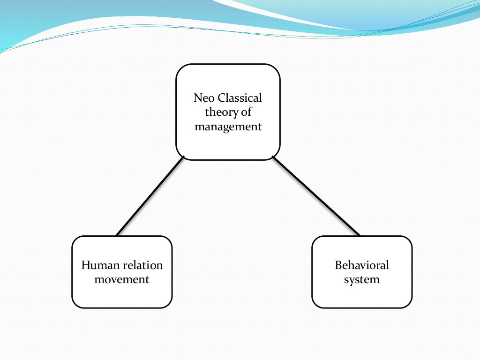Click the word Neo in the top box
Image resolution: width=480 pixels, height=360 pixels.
tap(202, 98)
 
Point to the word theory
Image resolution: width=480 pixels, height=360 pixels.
tap(219, 112)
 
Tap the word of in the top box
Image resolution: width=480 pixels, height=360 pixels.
tap(247, 112)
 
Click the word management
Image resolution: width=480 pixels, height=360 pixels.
tap(228, 127)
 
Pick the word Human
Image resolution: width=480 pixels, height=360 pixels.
tap(97, 265)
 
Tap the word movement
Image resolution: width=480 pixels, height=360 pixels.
tap(122, 280)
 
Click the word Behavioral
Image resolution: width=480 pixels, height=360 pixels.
tap(362, 265)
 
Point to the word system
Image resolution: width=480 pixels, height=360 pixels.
tap(362, 280)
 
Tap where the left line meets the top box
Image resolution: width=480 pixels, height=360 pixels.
tap(183, 157)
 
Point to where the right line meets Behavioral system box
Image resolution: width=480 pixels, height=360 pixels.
tap(359, 235)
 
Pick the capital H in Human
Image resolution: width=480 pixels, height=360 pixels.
tap(85, 265)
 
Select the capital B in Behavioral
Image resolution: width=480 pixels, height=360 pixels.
tap(338, 265)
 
